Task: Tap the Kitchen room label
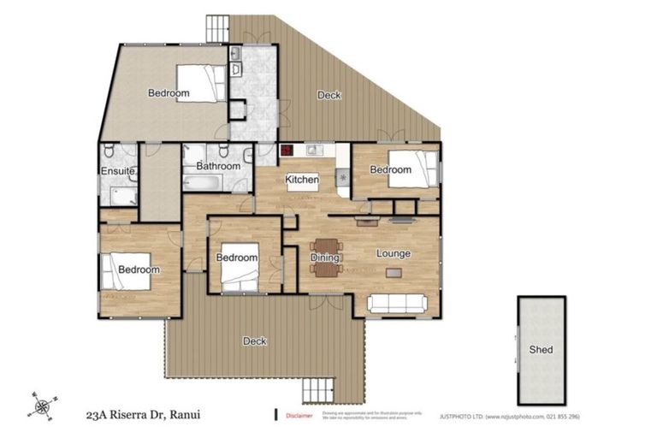(x=302, y=180)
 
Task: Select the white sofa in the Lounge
(x=397, y=303)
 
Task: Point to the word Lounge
(x=394, y=253)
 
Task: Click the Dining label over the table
(x=325, y=257)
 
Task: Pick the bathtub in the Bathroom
(x=203, y=182)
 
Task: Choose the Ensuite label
(x=117, y=172)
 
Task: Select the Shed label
(x=541, y=349)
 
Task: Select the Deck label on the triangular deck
(x=329, y=95)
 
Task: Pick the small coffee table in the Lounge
(x=393, y=273)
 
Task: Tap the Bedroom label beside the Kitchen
(x=390, y=169)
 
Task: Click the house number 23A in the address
(x=98, y=417)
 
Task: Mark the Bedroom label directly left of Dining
(x=236, y=257)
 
